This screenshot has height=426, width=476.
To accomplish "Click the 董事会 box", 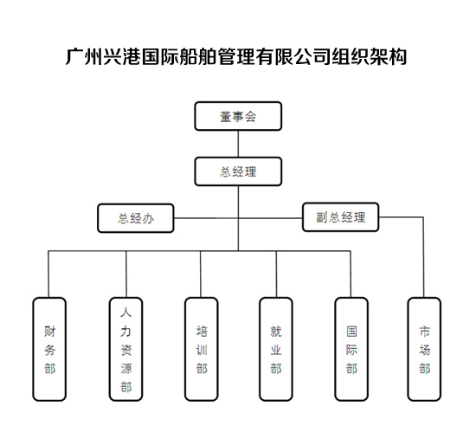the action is click(x=238, y=116).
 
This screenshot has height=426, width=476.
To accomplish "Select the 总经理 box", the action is click(x=238, y=171).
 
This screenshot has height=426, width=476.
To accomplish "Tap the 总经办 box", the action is click(x=136, y=218).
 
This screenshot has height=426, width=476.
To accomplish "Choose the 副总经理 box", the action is click(x=341, y=217).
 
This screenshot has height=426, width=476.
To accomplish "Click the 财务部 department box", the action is click(x=49, y=349).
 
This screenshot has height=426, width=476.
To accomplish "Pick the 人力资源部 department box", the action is click(x=126, y=349).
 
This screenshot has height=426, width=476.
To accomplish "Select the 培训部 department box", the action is click(x=202, y=349).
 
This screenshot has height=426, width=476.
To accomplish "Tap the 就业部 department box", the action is click(x=276, y=349).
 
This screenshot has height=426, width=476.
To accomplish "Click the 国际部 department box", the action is click(x=351, y=349).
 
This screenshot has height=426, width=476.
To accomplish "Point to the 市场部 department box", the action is click(x=424, y=349).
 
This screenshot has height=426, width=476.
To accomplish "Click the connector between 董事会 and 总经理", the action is click(x=238, y=144).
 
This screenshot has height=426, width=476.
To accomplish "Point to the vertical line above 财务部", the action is click(x=48, y=274).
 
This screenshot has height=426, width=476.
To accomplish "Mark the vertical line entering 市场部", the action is click(x=423, y=257).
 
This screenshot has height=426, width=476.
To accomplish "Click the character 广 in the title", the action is click(x=74, y=56).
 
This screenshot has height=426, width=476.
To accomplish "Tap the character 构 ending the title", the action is click(x=397, y=56).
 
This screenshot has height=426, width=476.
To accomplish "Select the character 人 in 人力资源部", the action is click(x=126, y=313).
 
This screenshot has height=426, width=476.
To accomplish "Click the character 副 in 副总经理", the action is click(x=322, y=217).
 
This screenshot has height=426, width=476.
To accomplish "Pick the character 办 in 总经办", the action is click(x=149, y=218).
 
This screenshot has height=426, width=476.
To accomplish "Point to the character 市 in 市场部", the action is click(x=424, y=332).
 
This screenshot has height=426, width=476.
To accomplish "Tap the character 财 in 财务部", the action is click(x=50, y=332).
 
